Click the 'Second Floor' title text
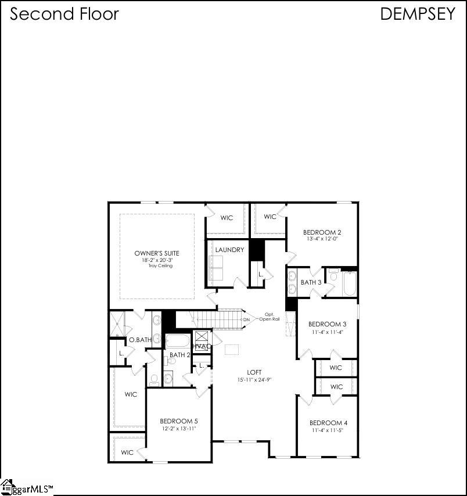[x=64, y=14]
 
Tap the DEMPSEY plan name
[x=418, y=14]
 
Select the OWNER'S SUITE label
[x=156, y=253]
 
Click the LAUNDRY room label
[x=229, y=250]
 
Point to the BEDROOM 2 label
[x=322, y=232]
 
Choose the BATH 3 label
[x=311, y=282]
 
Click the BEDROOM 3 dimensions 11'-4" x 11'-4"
[x=327, y=332]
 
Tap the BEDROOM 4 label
[x=328, y=423]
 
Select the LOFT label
[x=254, y=372]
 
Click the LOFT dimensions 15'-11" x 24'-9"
[x=254, y=380]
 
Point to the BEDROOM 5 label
[x=179, y=421]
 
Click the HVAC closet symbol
[x=201, y=339]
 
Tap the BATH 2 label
[x=179, y=355]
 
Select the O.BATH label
[x=140, y=340]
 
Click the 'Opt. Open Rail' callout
[x=269, y=317]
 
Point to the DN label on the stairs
[x=246, y=319]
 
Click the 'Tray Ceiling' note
[x=156, y=266]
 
